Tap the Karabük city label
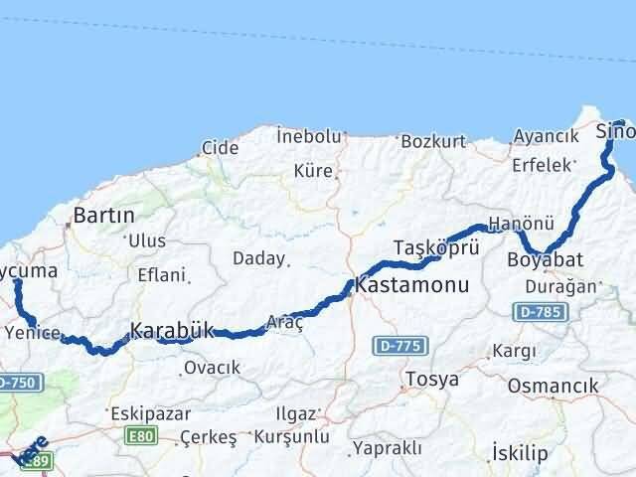click(x=172, y=330)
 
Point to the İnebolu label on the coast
click(x=309, y=136)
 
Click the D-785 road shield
click(x=542, y=312)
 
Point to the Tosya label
click(x=432, y=380)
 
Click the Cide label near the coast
click(x=220, y=148)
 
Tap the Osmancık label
click(x=553, y=386)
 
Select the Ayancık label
click(x=547, y=136)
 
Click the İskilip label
click(x=520, y=453)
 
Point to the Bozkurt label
click(x=434, y=143)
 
